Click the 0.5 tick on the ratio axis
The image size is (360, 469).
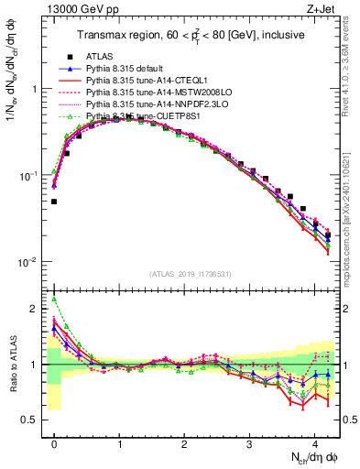(34, 420)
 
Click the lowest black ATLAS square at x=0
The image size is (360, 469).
(54, 202)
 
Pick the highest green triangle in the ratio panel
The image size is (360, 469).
(54, 299)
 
